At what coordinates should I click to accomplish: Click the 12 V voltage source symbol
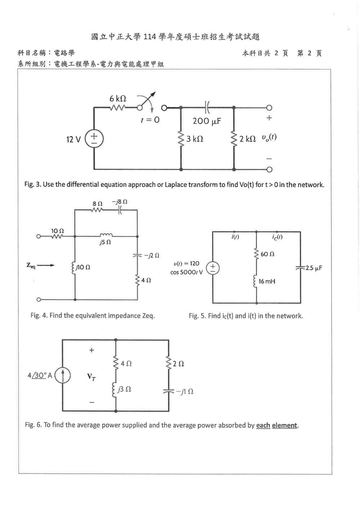94,139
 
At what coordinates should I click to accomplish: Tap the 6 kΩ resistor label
118,99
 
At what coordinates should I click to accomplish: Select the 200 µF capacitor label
207,121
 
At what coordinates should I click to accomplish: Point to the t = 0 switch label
150,120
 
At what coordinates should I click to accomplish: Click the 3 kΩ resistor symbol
181,139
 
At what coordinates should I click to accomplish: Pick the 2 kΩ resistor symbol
234,139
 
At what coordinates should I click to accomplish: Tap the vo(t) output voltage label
269,137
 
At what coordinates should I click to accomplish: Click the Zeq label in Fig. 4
31,265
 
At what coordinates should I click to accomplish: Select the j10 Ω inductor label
83,267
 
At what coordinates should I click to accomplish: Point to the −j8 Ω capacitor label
120,202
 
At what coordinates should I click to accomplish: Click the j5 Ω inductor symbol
106,235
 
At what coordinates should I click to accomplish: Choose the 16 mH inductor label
267,281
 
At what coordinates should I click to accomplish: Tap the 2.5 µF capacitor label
314,268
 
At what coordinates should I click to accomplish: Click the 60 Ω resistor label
267,254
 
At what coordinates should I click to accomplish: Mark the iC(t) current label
277,237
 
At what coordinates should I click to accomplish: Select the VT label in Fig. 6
91,377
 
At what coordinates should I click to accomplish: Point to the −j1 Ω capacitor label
184,392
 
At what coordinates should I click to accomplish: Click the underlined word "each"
263,425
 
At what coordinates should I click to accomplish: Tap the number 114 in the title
150,37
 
